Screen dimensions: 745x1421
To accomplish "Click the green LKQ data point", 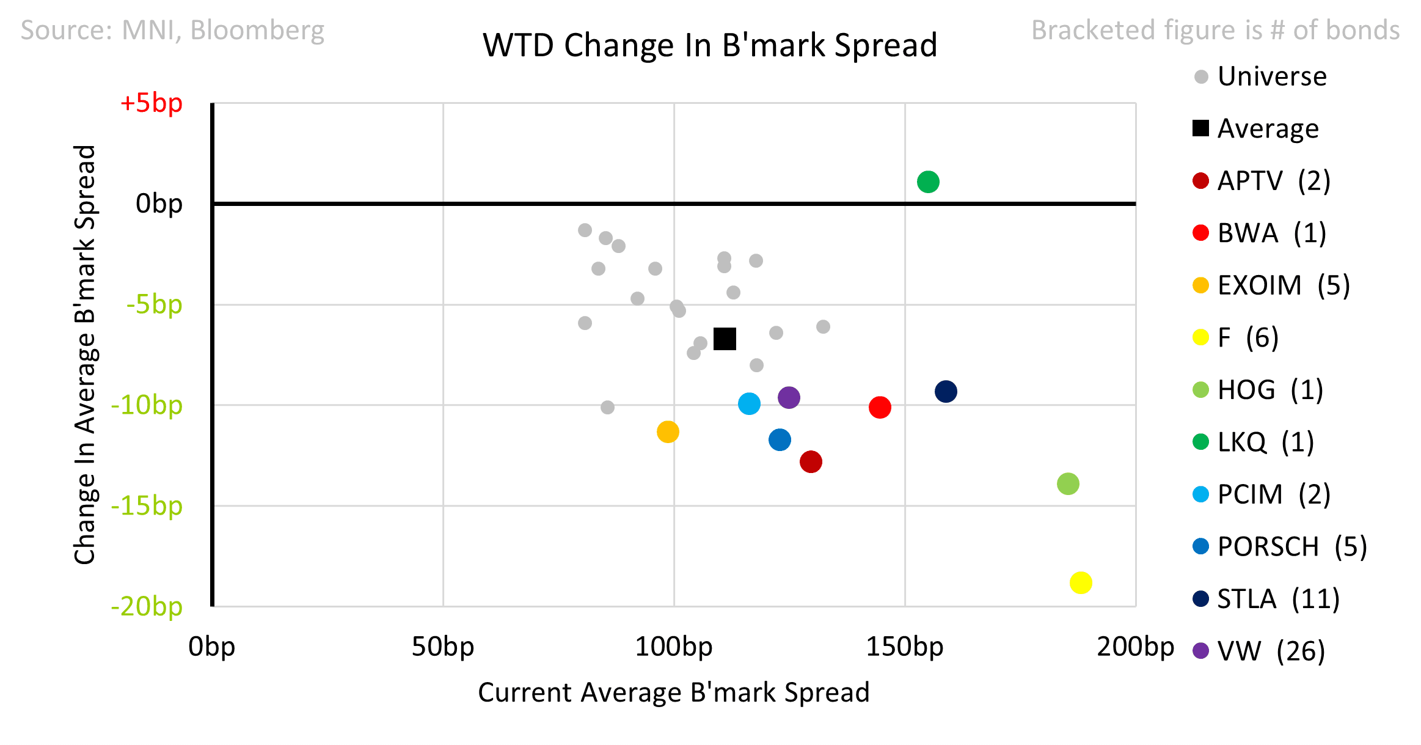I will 927,182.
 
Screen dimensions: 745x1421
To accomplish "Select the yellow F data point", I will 1080,582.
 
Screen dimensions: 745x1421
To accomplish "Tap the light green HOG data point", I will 1067,483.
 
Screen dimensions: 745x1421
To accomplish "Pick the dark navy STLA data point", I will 945,391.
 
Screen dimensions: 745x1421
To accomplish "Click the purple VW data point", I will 789,397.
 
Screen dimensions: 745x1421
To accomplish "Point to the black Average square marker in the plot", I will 725,339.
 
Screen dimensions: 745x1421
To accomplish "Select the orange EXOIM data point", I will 668,431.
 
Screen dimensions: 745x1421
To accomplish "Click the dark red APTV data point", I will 810,461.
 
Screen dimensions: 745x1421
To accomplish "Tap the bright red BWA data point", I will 879,407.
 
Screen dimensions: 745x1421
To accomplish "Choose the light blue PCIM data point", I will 748,403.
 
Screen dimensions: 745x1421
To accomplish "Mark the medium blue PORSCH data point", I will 780,439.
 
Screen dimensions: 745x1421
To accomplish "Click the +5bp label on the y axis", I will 152,103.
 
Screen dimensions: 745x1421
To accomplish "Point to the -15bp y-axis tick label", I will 147,505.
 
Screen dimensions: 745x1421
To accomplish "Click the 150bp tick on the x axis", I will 904,647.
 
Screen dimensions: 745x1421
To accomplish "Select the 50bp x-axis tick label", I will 442,647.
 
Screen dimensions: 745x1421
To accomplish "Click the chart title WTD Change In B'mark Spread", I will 710,45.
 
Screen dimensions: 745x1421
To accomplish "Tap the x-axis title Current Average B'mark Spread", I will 673,692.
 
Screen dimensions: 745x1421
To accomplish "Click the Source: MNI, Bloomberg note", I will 172,30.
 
